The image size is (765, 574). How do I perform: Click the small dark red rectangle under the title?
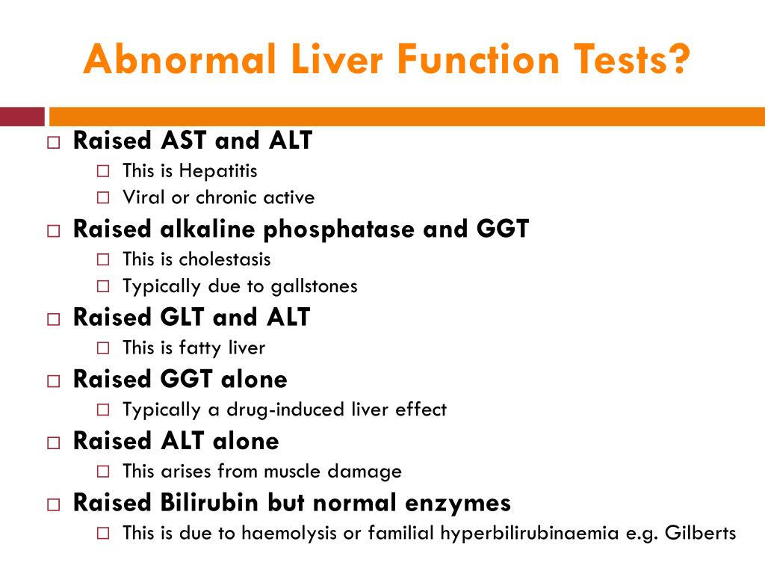[x=22, y=117]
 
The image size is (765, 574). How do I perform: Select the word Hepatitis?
[x=217, y=170]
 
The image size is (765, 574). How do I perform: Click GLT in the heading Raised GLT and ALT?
[x=183, y=317]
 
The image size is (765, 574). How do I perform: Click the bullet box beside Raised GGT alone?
[x=53, y=380]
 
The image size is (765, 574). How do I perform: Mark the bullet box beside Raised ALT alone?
[x=53, y=442]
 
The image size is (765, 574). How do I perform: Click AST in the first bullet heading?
[x=185, y=141]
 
